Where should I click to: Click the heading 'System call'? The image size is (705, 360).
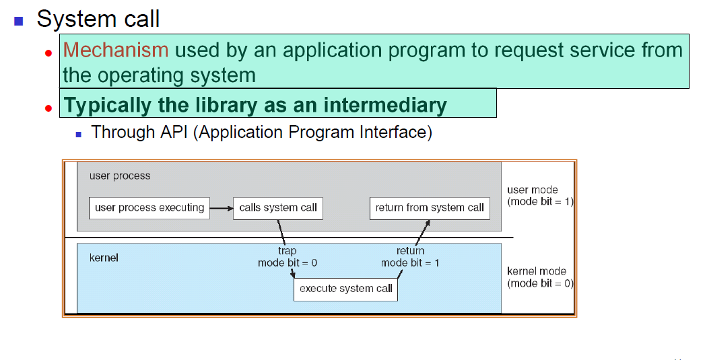[x=98, y=19]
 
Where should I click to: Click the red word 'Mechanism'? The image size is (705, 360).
[x=115, y=50]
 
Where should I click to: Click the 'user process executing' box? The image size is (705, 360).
[x=149, y=208]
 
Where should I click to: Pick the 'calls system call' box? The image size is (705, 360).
[x=278, y=208]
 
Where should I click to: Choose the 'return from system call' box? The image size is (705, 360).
[x=430, y=208]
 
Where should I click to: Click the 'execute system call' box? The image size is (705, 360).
[x=345, y=289]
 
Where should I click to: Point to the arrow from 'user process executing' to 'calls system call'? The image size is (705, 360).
[x=221, y=208]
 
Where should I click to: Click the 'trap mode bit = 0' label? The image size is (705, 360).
[x=288, y=257]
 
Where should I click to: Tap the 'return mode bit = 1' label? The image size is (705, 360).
[x=410, y=257]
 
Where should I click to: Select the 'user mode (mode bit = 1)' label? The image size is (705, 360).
[x=540, y=196]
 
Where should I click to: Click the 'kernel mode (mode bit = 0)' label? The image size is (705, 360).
[x=540, y=277]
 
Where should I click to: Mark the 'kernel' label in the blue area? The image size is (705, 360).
[x=104, y=258]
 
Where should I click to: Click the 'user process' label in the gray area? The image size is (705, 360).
[x=120, y=176]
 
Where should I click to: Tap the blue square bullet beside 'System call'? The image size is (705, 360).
[x=19, y=20]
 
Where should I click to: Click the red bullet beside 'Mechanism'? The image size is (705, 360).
[x=48, y=52]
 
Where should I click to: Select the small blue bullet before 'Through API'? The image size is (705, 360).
[x=79, y=134]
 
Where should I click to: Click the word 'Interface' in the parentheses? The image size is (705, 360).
[x=391, y=132]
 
